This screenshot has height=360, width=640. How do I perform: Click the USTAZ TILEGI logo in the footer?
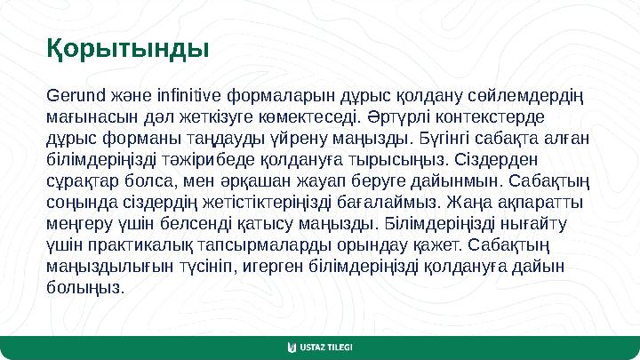(320, 347)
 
